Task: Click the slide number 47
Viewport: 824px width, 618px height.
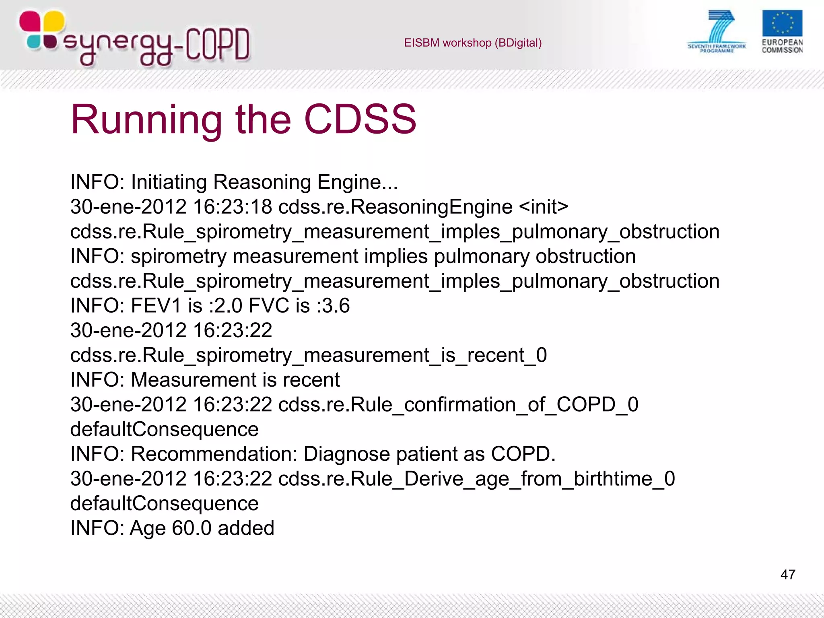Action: pos(788,575)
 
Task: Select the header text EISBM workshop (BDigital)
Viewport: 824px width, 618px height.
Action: pos(473,43)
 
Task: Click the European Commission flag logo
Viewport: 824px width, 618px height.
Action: pos(782,23)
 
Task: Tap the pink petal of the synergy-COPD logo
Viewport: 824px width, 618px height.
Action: pos(30,21)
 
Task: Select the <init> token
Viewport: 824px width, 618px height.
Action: pos(544,207)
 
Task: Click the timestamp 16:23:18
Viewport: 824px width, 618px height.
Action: pos(233,207)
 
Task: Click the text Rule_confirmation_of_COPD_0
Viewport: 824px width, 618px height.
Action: pos(494,404)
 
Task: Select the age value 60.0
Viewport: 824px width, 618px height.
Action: pos(192,528)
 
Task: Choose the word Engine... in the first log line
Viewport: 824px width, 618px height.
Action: pos(357,182)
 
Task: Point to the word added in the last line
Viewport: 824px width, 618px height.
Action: pos(246,528)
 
